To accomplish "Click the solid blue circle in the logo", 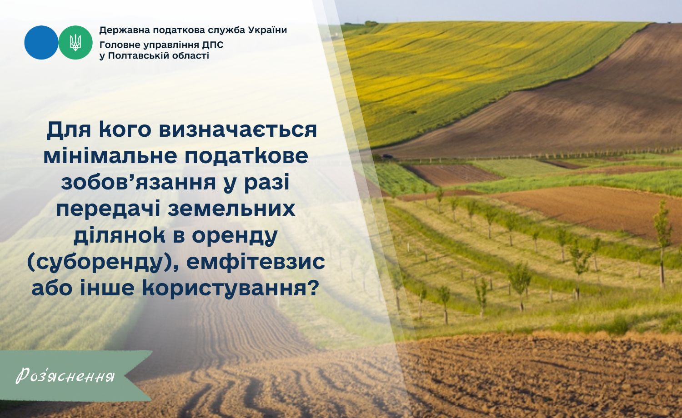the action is pyautogui.click(x=41, y=42).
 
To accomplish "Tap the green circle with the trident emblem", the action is pyautogui.click(x=75, y=42).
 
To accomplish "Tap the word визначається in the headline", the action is pyautogui.click(x=238, y=130).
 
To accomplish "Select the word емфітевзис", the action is pyautogui.click(x=256, y=262).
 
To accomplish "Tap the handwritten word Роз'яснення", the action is pyautogui.click(x=65, y=376).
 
